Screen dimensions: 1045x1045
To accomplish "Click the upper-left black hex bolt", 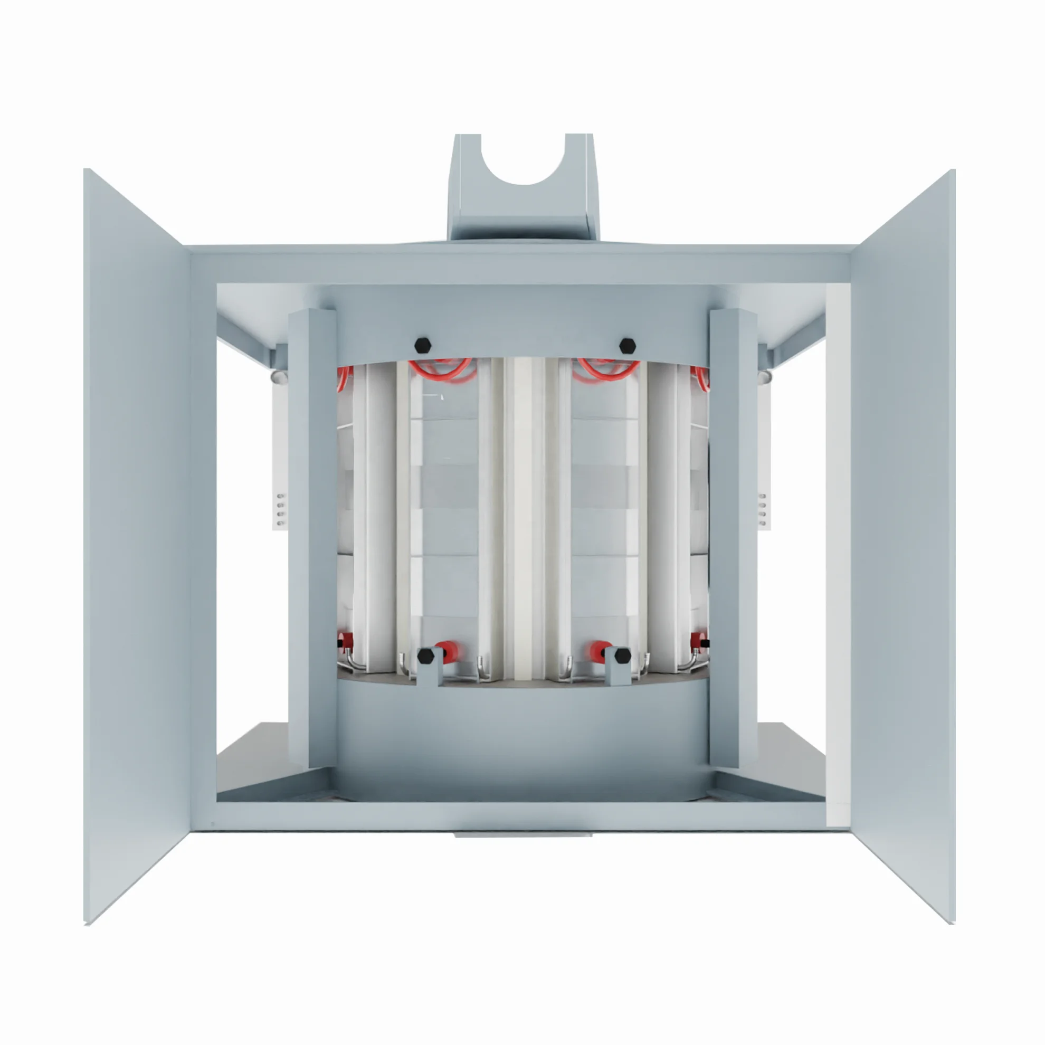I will click(x=422, y=345).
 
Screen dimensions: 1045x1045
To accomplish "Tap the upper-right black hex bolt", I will click(x=627, y=345).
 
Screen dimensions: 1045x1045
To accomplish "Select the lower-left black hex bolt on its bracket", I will click(x=426, y=656).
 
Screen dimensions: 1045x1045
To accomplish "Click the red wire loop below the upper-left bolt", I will click(x=440, y=370).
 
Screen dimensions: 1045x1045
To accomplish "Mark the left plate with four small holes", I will click(x=280, y=508).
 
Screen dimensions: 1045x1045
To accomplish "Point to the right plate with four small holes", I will click(x=763, y=508).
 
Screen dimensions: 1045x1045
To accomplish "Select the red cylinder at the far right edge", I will click(x=698, y=639).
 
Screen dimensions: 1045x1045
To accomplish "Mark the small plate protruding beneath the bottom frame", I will click(x=523, y=834).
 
